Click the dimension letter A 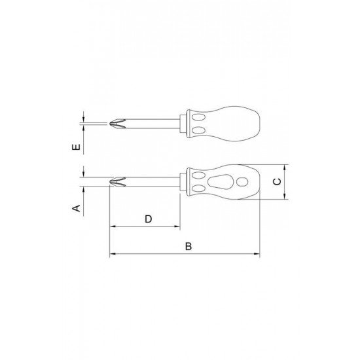(77, 208)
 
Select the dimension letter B (189, 246)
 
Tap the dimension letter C (277, 181)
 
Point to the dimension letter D (149, 219)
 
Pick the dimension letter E (76, 147)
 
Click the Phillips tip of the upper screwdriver (118, 124)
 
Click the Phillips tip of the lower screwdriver (118, 182)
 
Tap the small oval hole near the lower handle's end (242, 182)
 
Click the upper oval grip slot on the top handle (198, 118)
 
